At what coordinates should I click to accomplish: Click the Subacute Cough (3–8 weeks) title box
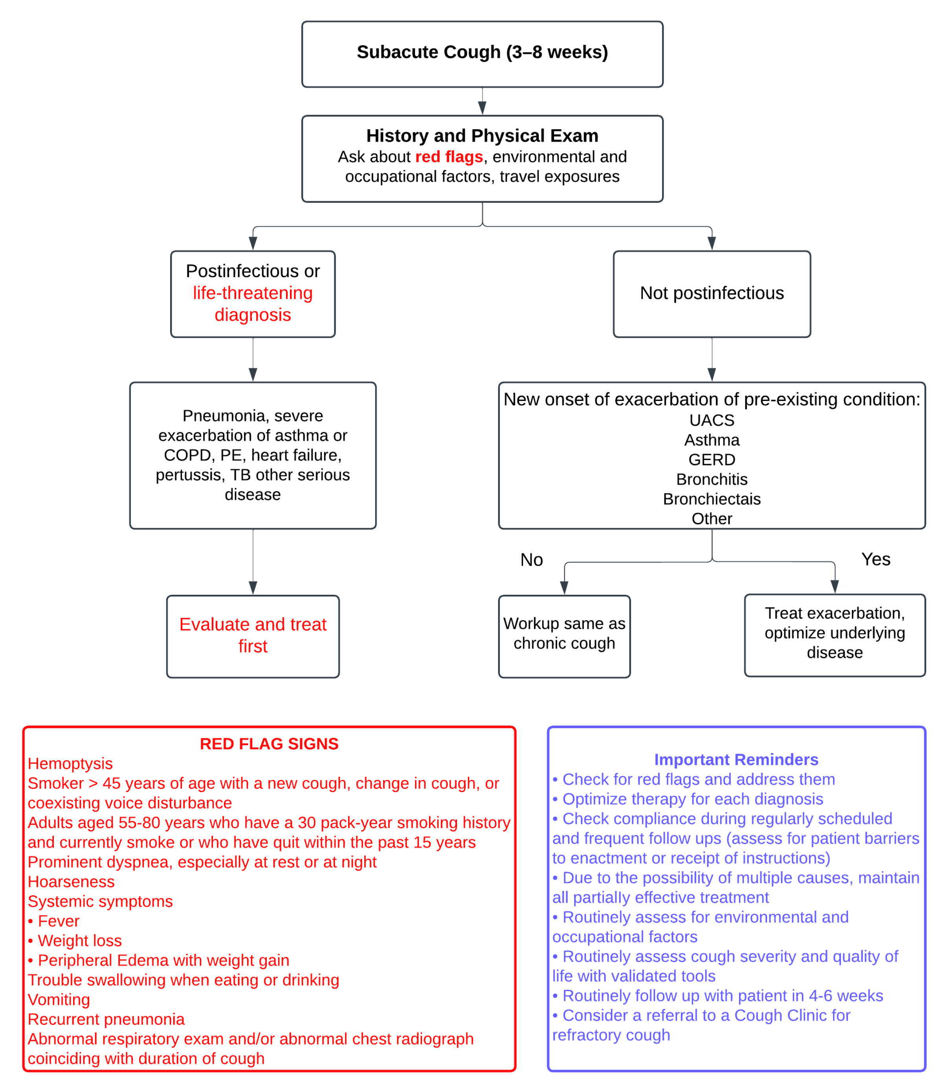[x=482, y=54]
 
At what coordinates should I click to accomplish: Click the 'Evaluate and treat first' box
[x=253, y=636]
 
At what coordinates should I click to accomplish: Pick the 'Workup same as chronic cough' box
[x=564, y=636]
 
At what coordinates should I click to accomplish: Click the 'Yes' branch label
[x=875, y=559]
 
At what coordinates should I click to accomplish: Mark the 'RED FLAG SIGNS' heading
[x=269, y=744]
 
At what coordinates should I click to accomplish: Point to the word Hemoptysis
[x=70, y=764]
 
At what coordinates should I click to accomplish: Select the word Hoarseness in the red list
[x=71, y=882]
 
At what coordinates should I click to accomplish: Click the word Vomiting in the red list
[x=59, y=1000]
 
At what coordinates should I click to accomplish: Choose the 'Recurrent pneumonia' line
[x=106, y=1020]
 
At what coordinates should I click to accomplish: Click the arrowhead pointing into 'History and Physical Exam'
[x=482, y=108]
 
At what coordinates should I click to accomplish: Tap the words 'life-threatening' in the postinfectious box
[x=253, y=293]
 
